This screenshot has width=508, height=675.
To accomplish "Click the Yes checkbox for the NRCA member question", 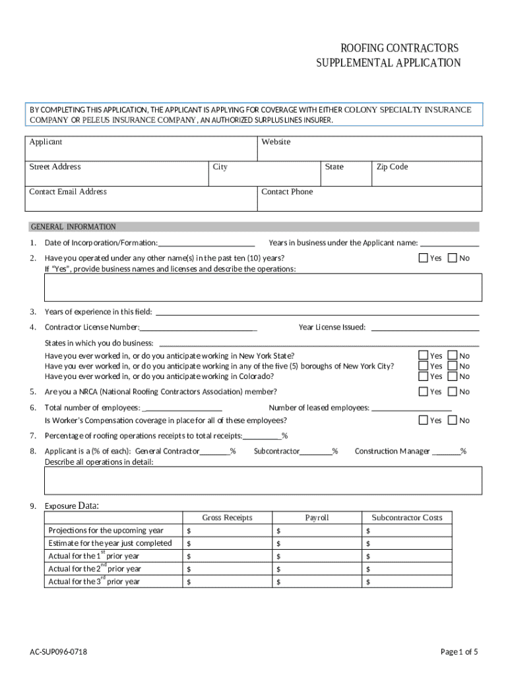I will [424, 392].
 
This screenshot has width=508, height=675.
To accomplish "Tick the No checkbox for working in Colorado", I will [452, 376].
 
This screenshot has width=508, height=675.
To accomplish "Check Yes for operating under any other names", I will [424, 258].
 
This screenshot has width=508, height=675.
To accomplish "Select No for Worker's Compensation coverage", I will [452, 420].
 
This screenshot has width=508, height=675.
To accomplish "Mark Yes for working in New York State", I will [424, 355].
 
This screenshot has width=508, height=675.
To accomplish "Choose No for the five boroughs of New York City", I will [452, 366].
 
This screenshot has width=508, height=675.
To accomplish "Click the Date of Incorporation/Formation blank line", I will [206, 243].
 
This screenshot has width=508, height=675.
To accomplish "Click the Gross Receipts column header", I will [227, 517].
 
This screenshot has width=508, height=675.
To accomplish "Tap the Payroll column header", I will [317, 517].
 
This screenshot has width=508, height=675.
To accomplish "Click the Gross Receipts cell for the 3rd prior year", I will [227, 581].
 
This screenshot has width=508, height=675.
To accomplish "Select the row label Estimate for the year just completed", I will [110, 543].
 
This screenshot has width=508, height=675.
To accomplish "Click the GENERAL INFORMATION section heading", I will [73, 227].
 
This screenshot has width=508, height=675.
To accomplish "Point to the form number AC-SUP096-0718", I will [58, 652].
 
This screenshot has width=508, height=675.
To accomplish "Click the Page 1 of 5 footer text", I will [459, 652].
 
